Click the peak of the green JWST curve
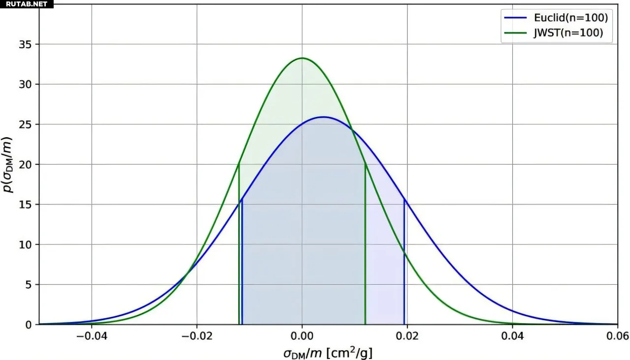(x=302, y=58)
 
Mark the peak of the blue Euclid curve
(x=323, y=117)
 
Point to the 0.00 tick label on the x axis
(x=302, y=336)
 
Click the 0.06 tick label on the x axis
(x=617, y=336)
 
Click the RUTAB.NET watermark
(x=27, y=4)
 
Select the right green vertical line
(x=365, y=246)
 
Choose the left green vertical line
(x=239, y=246)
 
